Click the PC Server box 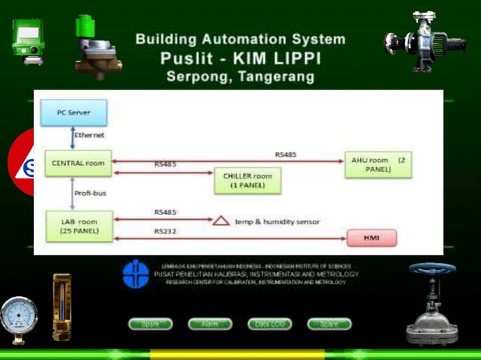[74, 112]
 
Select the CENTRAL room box [78, 162]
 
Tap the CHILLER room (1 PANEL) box [247, 181]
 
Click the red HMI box [370, 239]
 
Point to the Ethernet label [89, 136]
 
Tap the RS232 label [165, 230]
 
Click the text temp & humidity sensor [276, 222]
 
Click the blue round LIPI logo [136, 273]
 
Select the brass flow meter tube [62, 305]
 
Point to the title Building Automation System [240, 39]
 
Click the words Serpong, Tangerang [240, 76]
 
